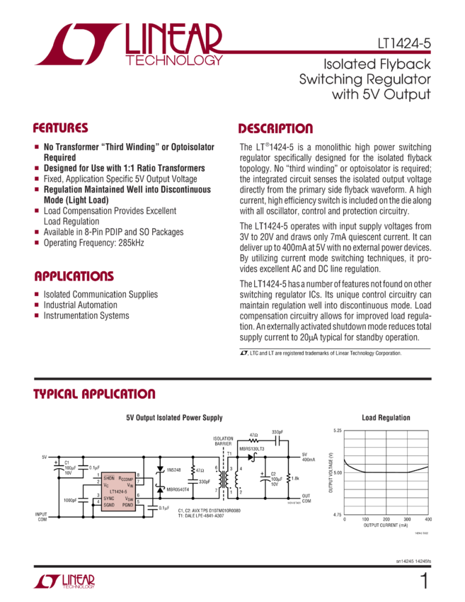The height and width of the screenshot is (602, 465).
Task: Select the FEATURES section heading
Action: click(61, 129)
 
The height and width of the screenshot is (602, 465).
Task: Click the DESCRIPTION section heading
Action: click(275, 129)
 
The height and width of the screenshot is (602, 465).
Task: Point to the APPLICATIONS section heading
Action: click(73, 276)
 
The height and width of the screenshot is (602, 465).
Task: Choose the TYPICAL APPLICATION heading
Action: click(94, 394)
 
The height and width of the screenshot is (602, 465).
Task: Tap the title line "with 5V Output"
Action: click(380, 93)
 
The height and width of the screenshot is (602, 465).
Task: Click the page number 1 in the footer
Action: click(424, 581)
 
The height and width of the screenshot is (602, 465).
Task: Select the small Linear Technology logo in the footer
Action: click(64, 581)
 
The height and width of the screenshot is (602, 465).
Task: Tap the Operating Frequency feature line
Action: click(93, 242)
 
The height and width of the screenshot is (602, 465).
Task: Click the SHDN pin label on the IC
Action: click(108, 478)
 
